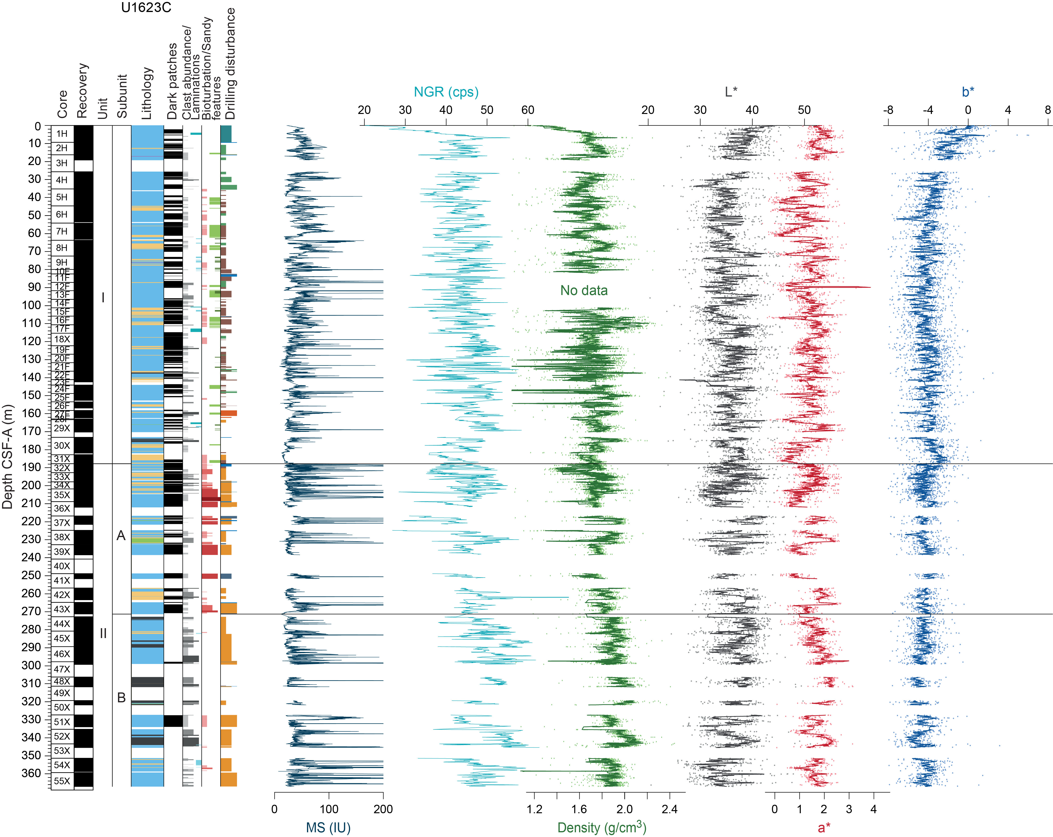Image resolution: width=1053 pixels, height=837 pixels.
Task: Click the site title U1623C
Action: click(146, 8)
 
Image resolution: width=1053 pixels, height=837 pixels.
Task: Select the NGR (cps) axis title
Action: click(446, 92)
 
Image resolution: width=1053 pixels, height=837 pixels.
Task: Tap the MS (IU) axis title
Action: click(328, 827)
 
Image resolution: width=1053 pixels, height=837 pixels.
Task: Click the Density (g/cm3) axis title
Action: click(602, 827)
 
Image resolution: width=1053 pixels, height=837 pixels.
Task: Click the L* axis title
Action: click(731, 92)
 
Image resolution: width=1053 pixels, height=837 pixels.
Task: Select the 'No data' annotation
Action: click(584, 291)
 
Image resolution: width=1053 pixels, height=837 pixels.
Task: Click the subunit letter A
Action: click(121, 536)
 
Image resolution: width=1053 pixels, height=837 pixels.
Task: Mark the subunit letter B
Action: click(121, 698)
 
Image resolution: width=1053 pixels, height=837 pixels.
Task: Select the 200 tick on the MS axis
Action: click(383, 809)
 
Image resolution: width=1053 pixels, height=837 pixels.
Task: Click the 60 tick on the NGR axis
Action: click(528, 110)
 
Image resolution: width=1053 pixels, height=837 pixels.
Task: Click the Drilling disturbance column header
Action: click(230, 64)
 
